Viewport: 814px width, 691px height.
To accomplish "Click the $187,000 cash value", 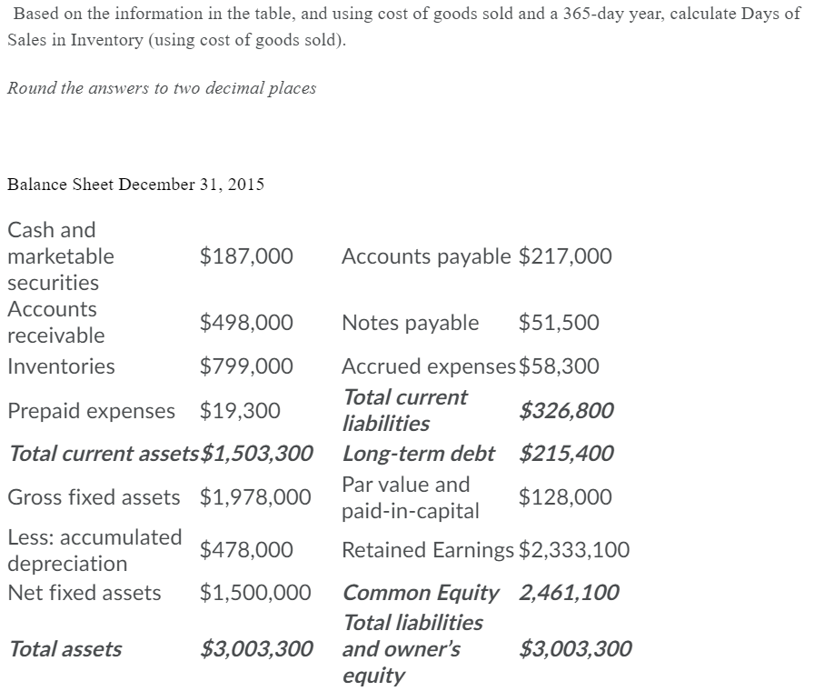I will point(246,256).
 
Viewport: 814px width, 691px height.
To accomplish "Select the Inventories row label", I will point(61,366).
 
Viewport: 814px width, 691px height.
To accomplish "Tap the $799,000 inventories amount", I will point(246,366).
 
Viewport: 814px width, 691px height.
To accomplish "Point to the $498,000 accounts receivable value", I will point(246,323).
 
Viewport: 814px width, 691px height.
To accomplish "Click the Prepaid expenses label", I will point(91,411).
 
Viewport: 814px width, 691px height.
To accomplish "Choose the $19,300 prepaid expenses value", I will point(240,411).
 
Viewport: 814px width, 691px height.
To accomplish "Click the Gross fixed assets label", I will point(94,497).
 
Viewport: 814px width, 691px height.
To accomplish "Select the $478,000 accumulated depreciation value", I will point(246,550).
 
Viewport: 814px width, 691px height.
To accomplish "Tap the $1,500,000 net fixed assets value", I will point(255,594).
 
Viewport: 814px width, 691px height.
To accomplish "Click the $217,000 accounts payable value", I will point(565,256).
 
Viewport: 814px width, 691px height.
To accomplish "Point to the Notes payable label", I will point(410,323).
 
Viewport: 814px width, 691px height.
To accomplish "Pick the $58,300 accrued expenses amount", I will point(559,366).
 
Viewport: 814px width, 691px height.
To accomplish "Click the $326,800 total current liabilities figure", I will point(566,411).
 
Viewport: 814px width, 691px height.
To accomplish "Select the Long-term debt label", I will point(419,453).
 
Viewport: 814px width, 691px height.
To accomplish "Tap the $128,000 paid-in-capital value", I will point(565,497).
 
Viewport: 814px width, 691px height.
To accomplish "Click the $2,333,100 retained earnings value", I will point(574,550).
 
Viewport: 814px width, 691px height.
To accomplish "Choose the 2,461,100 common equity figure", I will point(569,594).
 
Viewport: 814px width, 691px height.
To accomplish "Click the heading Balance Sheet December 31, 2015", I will point(135,185).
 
